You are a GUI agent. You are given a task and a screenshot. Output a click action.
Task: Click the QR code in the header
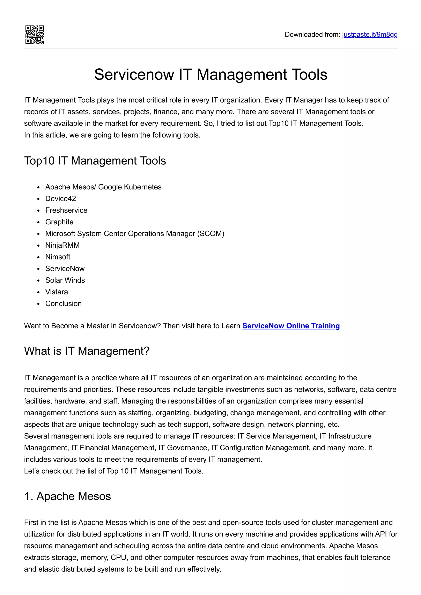[35, 34]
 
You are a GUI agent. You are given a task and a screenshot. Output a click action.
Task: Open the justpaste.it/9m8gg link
[369, 34]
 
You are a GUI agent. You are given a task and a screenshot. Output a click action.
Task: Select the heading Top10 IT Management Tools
[95, 161]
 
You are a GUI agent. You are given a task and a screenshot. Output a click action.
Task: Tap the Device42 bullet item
[60, 199]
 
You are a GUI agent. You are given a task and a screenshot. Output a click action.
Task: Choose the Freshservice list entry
[66, 210]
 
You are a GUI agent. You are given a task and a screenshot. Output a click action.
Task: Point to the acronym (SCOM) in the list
[211, 233]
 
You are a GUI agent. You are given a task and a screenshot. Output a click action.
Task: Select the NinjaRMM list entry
[62, 245]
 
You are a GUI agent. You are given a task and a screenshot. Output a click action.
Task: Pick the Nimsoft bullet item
[58, 257]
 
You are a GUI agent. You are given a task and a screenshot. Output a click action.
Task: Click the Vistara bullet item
[57, 292]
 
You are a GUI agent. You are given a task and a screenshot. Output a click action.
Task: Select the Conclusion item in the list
[63, 303]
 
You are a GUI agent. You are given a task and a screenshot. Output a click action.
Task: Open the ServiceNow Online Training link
[291, 326]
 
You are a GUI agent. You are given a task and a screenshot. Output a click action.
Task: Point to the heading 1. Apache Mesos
[67, 496]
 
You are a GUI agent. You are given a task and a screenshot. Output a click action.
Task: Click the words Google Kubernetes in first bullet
[130, 187]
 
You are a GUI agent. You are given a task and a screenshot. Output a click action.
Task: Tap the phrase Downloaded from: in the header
[312, 34]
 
